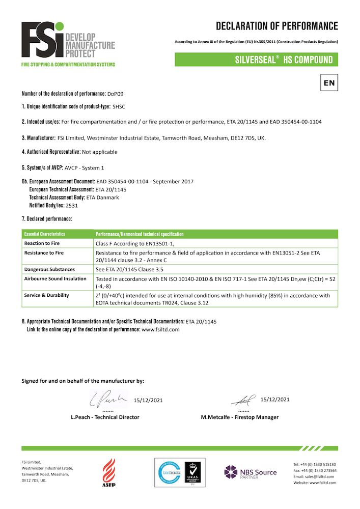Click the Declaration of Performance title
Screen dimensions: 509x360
point(276,26)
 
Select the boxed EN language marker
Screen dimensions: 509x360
point(329,82)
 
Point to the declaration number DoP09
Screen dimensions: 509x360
point(115,94)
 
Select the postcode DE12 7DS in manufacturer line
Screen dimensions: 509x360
point(245,138)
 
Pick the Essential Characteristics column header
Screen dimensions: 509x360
point(45,234)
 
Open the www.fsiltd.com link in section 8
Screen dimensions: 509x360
point(160,329)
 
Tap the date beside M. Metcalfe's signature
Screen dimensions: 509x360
point(274,399)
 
